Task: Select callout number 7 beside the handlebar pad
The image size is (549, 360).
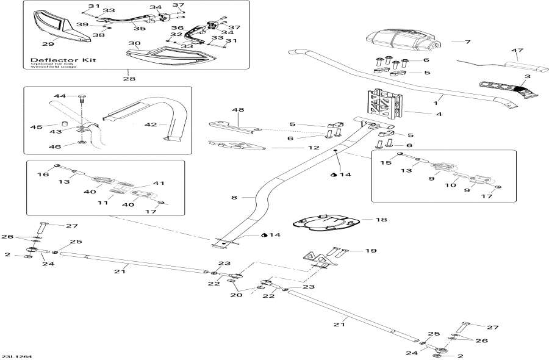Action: [467, 41]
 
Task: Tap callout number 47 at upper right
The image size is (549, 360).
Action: [517, 49]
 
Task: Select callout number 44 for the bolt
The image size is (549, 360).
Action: [59, 96]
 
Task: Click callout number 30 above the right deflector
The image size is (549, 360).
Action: [134, 43]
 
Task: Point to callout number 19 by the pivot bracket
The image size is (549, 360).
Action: [371, 251]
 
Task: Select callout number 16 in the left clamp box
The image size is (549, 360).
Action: [42, 174]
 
